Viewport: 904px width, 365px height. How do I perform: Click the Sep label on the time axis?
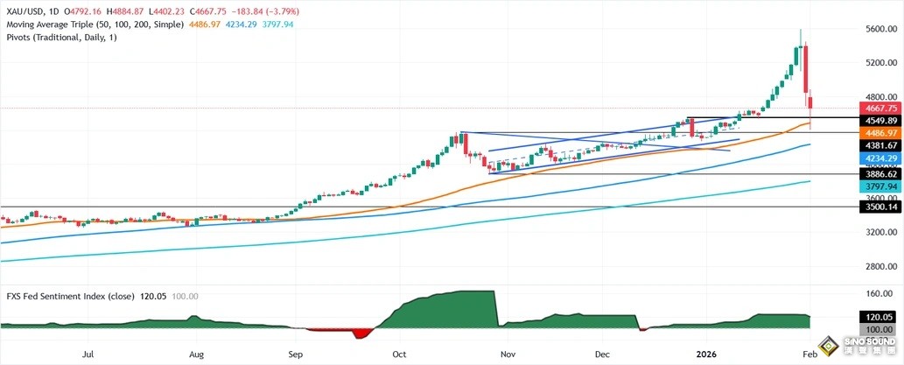[x=295, y=355]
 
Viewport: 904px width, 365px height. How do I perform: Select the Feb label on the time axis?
[x=809, y=355]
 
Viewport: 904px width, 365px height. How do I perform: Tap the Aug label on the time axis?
[x=196, y=355]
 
